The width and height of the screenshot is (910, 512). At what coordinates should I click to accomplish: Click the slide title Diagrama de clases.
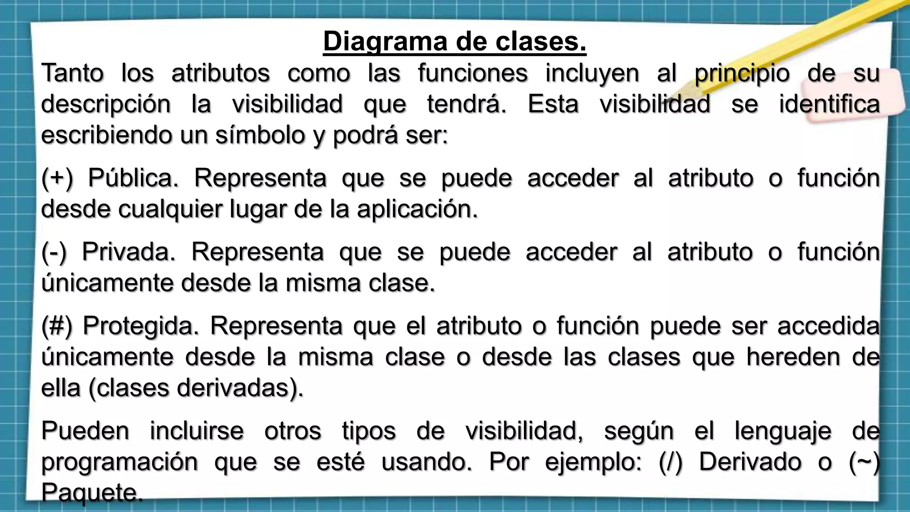(455, 41)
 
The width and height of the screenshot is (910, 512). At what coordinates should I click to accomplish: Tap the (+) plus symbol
(57, 179)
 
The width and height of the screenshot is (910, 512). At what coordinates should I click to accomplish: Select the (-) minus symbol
(54, 252)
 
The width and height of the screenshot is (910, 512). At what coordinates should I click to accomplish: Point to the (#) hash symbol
(56, 326)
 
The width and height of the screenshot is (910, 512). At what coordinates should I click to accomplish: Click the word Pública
(133, 179)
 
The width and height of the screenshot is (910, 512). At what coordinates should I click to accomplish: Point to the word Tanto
(72, 73)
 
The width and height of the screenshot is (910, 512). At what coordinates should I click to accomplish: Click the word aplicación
(417, 210)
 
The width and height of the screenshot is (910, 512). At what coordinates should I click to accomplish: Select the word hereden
(793, 357)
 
